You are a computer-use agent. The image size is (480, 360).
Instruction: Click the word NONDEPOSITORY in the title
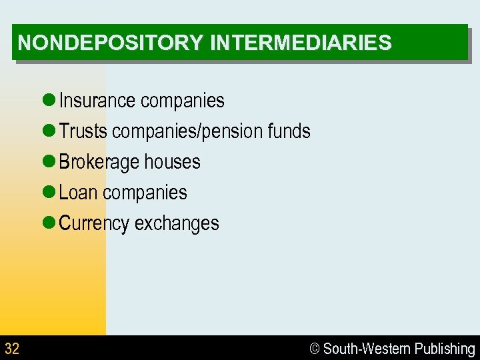[x=109, y=43]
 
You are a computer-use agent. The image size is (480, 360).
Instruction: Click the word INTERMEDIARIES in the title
[x=301, y=43]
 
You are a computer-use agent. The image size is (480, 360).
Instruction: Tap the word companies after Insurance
[x=183, y=101]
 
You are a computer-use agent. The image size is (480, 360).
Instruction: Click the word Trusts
[x=83, y=131]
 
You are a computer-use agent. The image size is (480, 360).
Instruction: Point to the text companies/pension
[x=187, y=131]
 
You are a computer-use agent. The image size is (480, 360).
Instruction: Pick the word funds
[x=289, y=131]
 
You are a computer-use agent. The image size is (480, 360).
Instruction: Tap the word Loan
[x=78, y=193]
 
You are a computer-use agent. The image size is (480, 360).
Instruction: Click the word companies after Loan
[x=145, y=193]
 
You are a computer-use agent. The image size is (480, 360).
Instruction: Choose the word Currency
[x=94, y=223]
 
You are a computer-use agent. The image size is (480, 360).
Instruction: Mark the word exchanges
[x=177, y=223]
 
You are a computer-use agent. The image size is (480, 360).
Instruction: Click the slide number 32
[x=12, y=348]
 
